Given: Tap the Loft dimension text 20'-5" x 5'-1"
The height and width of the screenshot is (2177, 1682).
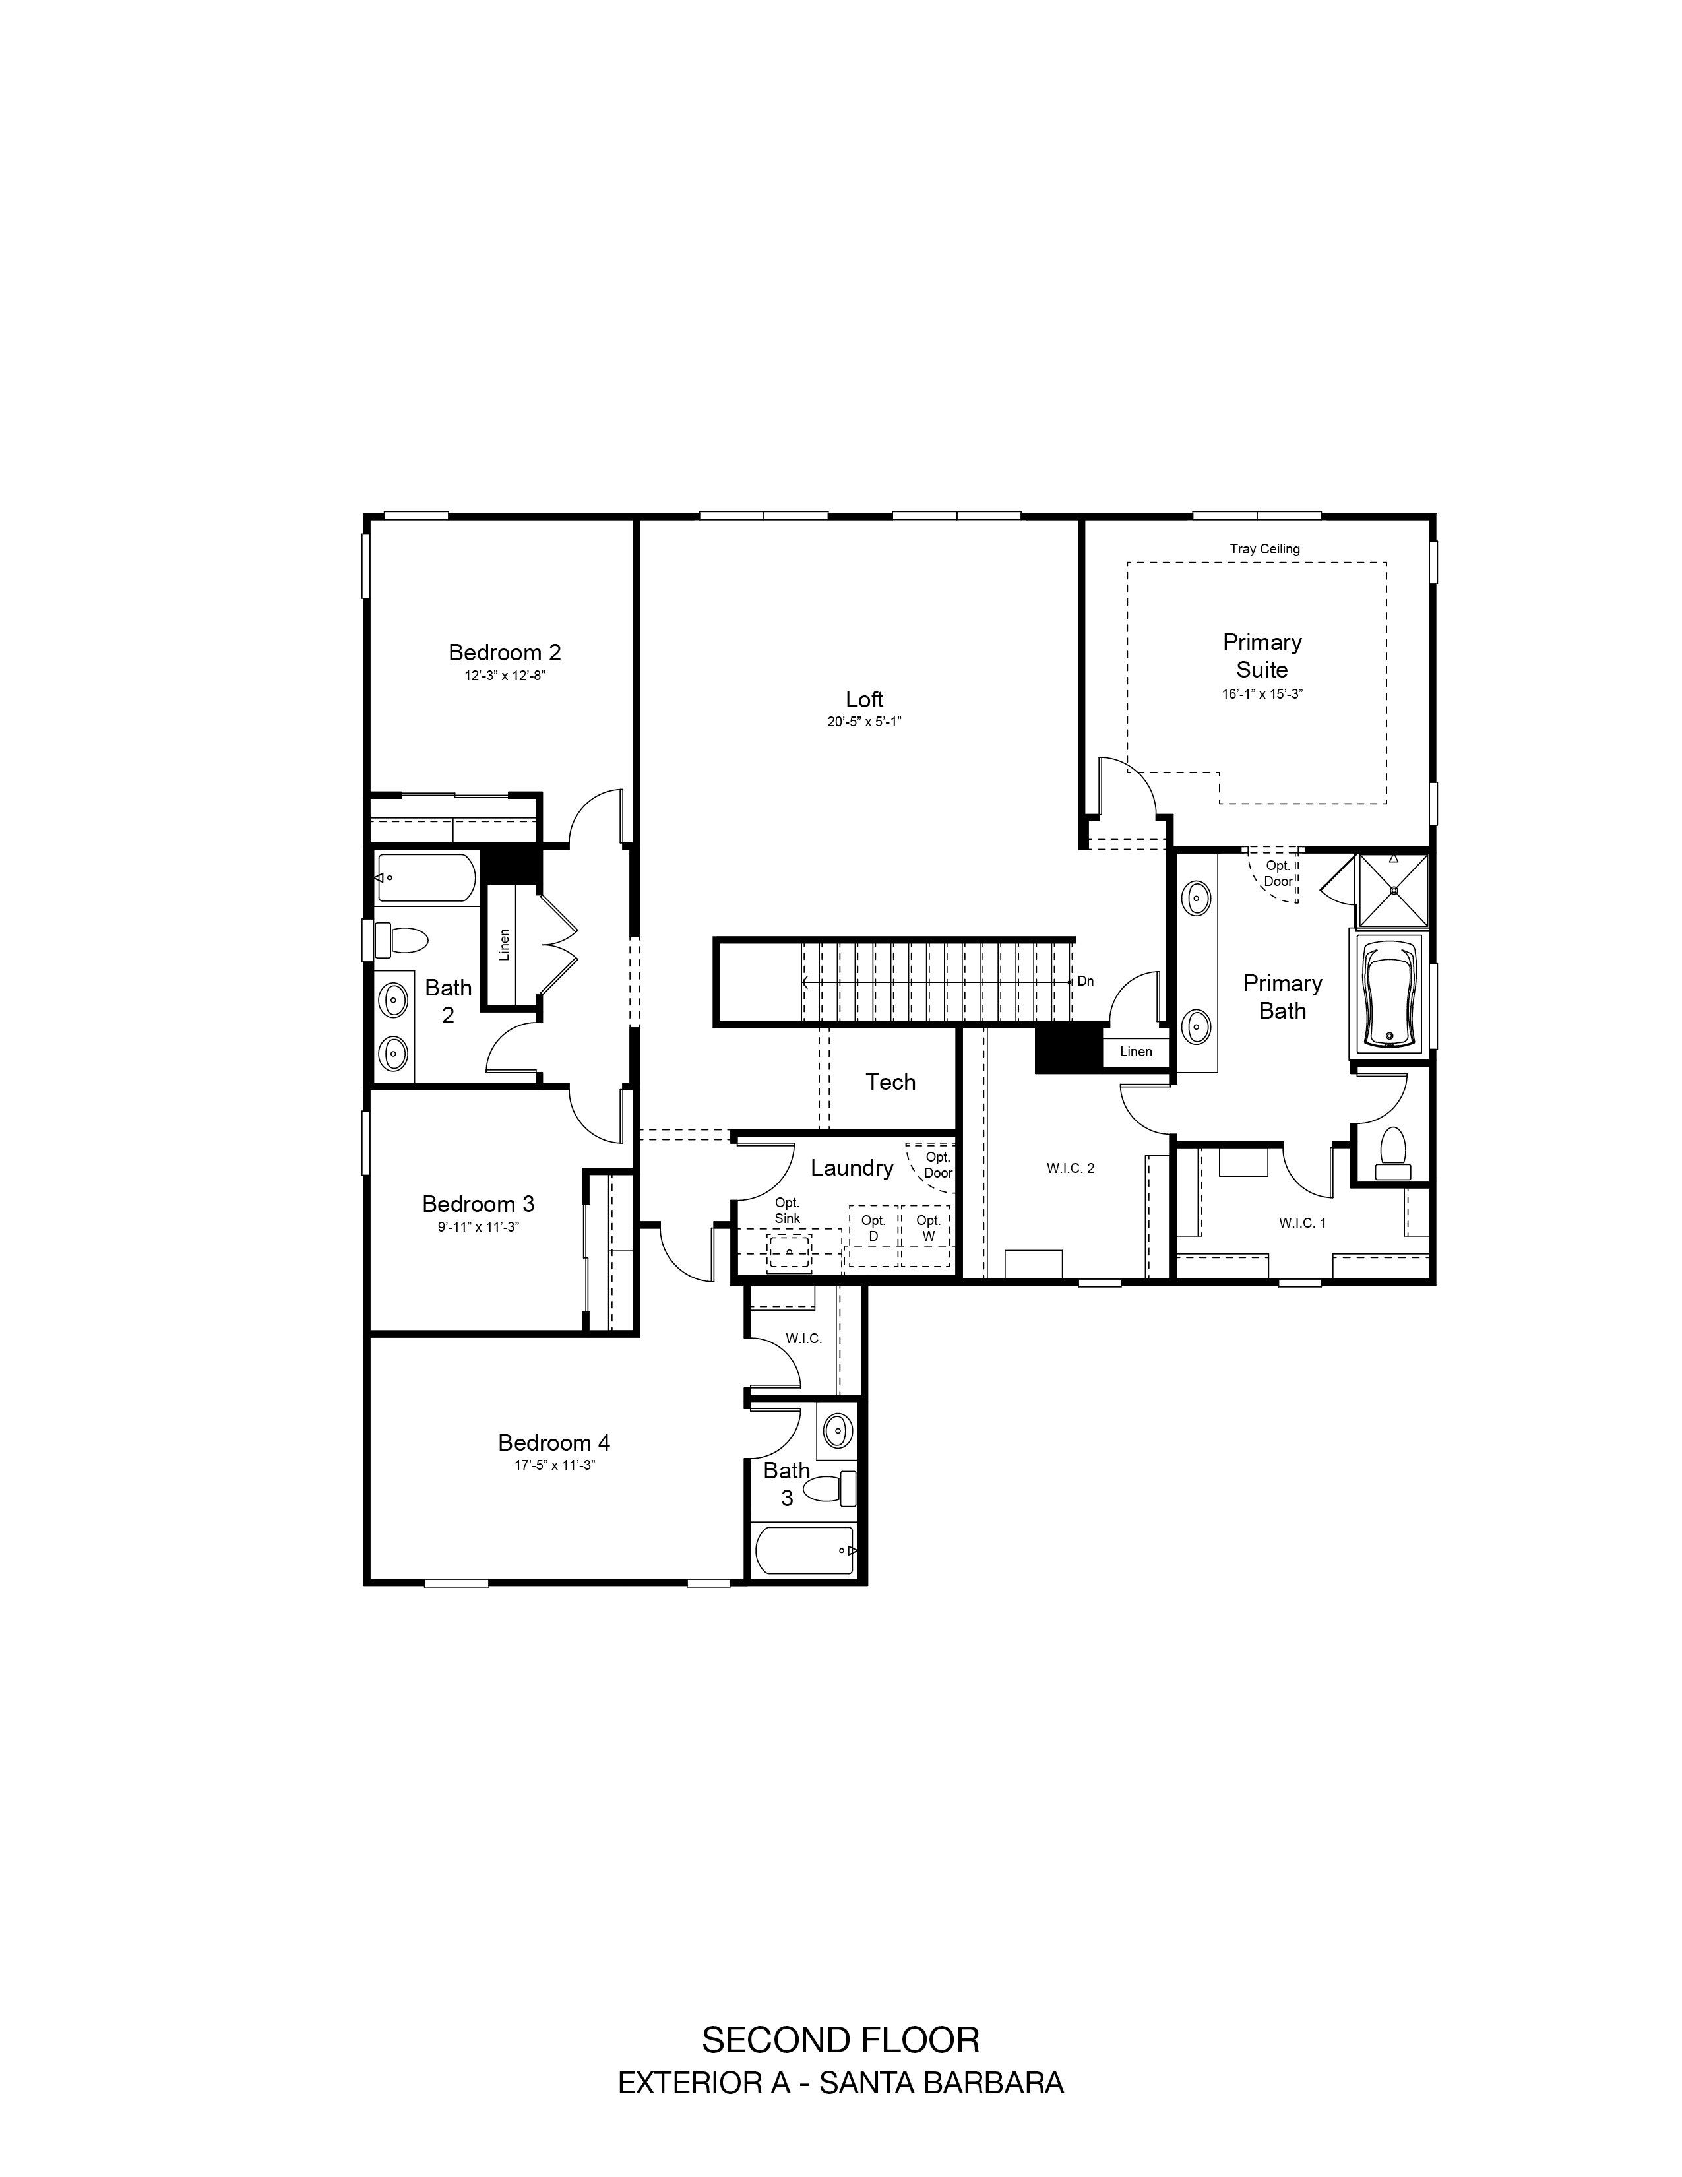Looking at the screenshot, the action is pos(864,722).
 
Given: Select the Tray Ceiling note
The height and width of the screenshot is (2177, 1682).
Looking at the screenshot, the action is pos(1264,548).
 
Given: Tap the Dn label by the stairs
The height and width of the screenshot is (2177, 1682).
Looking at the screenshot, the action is pos(1085,981).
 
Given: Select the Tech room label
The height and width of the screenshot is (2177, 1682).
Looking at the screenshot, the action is pos(890,1081).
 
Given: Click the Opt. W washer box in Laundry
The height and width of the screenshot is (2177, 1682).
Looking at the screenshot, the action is pos(927,1236).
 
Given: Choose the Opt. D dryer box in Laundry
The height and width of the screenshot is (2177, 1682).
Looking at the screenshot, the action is pos(873,1236).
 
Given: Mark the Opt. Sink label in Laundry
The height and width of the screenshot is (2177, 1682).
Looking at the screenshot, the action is pos(787,1210).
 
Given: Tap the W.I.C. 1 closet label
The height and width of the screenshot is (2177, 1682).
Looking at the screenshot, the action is pos(1302,1223).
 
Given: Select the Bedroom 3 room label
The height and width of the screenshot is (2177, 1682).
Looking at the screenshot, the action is pos(478,1203).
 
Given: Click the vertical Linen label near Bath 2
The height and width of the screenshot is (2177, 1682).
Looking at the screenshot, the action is pos(504,944).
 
